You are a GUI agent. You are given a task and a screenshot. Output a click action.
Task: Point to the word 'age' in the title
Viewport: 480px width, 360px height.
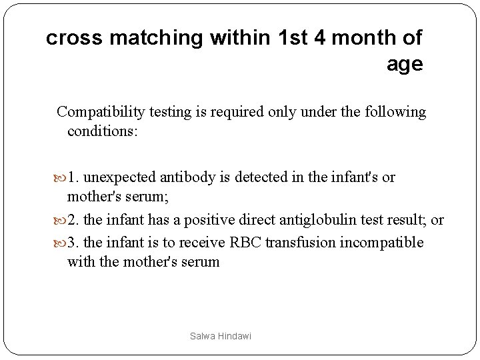404,65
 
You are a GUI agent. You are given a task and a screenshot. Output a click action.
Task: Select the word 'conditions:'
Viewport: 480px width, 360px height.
103,131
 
